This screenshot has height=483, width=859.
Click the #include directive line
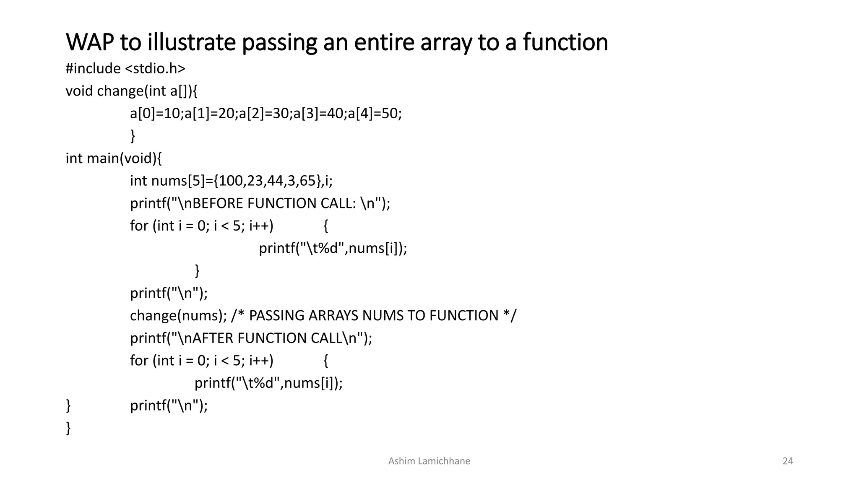(125, 68)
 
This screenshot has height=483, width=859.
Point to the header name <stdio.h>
(155, 68)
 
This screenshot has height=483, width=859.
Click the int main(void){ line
(114, 158)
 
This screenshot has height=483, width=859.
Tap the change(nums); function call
(178, 316)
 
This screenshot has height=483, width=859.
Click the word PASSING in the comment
(276, 316)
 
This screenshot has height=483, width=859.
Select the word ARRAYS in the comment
(333, 316)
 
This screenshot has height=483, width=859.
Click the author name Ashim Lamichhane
(429, 461)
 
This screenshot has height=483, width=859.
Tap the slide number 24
(788, 461)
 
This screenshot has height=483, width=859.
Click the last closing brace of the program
(68, 428)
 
